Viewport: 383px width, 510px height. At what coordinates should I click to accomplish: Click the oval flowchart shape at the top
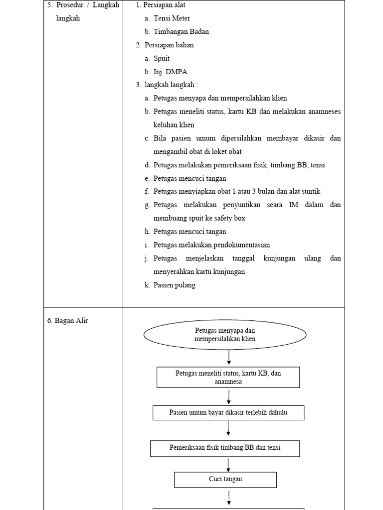[x=225, y=335]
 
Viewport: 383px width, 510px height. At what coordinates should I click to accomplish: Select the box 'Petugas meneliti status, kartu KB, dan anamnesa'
[x=228, y=378]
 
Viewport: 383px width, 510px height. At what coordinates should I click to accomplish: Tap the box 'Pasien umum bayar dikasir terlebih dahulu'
[x=228, y=413]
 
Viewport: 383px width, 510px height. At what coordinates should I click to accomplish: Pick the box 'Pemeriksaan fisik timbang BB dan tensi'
[x=225, y=448]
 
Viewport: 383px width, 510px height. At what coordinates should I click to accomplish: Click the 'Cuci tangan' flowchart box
[x=225, y=480]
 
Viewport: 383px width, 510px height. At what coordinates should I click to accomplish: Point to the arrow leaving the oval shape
[x=229, y=357]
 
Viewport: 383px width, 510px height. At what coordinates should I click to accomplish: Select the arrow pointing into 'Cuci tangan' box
[x=228, y=464]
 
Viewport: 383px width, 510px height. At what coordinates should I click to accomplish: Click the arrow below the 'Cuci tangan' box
[x=228, y=498]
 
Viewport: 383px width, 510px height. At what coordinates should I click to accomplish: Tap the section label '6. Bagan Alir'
[x=68, y=321]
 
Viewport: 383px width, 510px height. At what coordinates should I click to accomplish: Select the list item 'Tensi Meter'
[x=172, y=18]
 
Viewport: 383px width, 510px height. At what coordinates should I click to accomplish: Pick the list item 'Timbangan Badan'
[x=181, y=31]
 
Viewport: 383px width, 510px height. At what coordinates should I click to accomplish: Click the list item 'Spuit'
[x=162, y=58]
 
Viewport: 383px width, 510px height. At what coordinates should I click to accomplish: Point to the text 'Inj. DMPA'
[x=170, y=72]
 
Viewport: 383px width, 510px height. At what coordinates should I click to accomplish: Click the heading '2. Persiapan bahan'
[x=165, y=45]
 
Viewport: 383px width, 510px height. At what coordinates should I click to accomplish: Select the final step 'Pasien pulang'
[x=175, y=285]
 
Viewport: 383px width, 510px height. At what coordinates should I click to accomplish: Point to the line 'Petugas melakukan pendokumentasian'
[x=211, y=245]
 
